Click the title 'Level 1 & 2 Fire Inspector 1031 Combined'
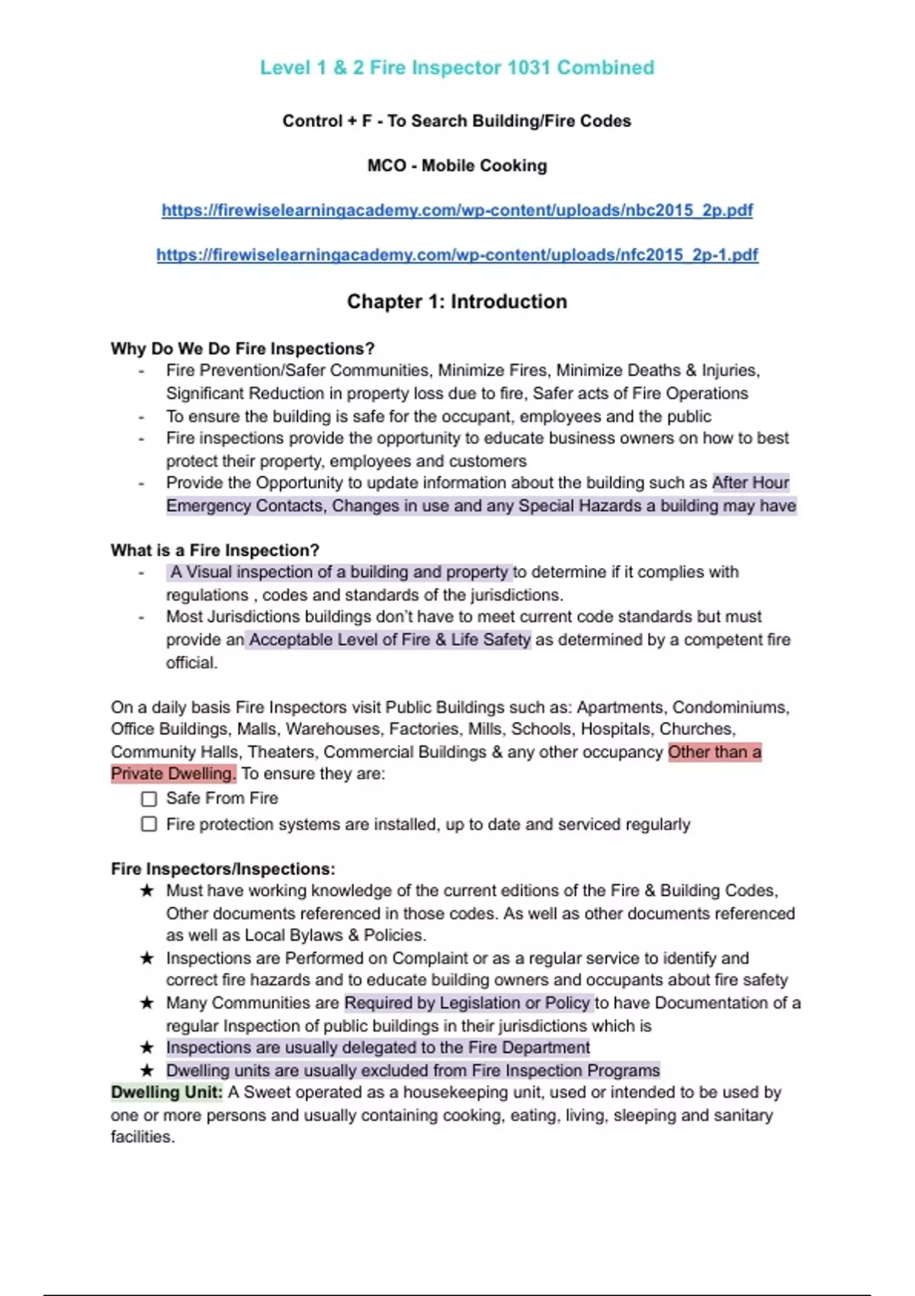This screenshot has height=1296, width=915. (457, 68)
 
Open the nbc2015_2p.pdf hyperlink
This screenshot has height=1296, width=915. (457, 210)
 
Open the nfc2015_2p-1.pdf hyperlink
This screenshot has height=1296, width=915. (457, 255)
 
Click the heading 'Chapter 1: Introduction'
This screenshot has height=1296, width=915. (457, 302)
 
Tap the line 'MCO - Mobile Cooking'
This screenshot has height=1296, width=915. (457, 165)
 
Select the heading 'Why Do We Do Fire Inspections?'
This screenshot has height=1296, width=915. (242, 348)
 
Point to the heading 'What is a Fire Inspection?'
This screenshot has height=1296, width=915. (214, 550)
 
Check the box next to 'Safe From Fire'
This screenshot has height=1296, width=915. (149, 799)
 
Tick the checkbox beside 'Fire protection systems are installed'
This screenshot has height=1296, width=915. (149, 824)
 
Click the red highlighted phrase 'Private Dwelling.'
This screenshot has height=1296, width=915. (173, 774)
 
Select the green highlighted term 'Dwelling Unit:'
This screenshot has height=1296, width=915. (166, 1092)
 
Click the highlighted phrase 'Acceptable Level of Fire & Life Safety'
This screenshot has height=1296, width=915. (389, 640)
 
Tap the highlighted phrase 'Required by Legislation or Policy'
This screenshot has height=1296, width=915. (467, 1002)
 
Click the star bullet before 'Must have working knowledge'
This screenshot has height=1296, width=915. (147, 890)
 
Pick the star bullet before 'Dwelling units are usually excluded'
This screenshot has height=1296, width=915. (147, 1070)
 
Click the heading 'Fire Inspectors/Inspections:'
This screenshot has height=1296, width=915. (223, 868)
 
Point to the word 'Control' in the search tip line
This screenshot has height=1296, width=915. (312, 121)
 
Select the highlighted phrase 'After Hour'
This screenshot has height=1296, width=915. (750, 483)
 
